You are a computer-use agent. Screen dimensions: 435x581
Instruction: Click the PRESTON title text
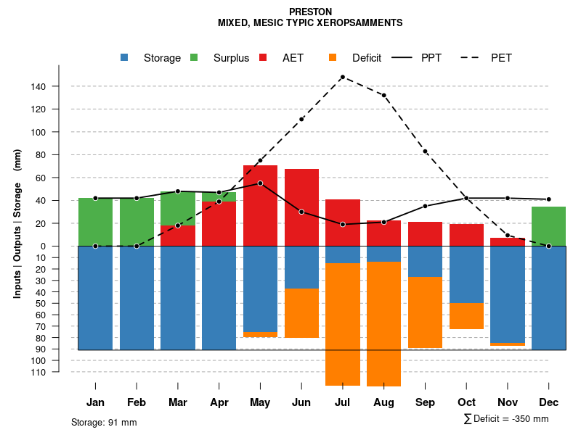(x=310, y=12)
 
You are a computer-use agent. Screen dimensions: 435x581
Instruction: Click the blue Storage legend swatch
(x=125, y=57)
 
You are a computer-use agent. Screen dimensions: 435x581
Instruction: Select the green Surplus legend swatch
(x=195, y=57)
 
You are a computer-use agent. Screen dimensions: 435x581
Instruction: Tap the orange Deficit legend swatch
(x=333, y=57)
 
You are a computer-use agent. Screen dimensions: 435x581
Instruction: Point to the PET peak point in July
(x=342, y=77)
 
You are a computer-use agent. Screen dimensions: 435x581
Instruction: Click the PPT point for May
(x=260, y=183)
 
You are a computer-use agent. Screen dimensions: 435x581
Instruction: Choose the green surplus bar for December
(x=548, y=226)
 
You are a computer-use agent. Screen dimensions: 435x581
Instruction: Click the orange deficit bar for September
(x=425, y=312)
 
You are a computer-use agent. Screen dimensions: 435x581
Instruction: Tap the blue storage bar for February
(x=137, y=298)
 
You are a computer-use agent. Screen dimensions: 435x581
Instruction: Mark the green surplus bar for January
(x=95, y=222)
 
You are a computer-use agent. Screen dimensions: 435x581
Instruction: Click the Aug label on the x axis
(x=383, y=402)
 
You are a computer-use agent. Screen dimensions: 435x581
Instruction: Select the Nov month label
(x=508, y=402)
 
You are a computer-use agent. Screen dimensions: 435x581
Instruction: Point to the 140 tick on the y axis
(x=58, y=86)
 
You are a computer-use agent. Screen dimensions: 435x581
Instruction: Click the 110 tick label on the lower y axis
(x=58, y=372)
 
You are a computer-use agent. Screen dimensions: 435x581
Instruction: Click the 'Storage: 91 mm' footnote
(x=104, y=422)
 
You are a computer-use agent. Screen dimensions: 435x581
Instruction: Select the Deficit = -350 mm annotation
(x=506, y=419)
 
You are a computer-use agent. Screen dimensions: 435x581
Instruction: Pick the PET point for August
(x=383, y=95)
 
